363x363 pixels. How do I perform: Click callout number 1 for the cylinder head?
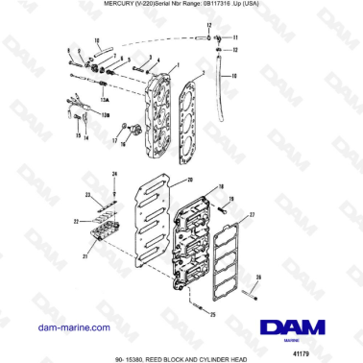point(177,65)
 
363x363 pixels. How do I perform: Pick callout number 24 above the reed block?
point(115,173)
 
